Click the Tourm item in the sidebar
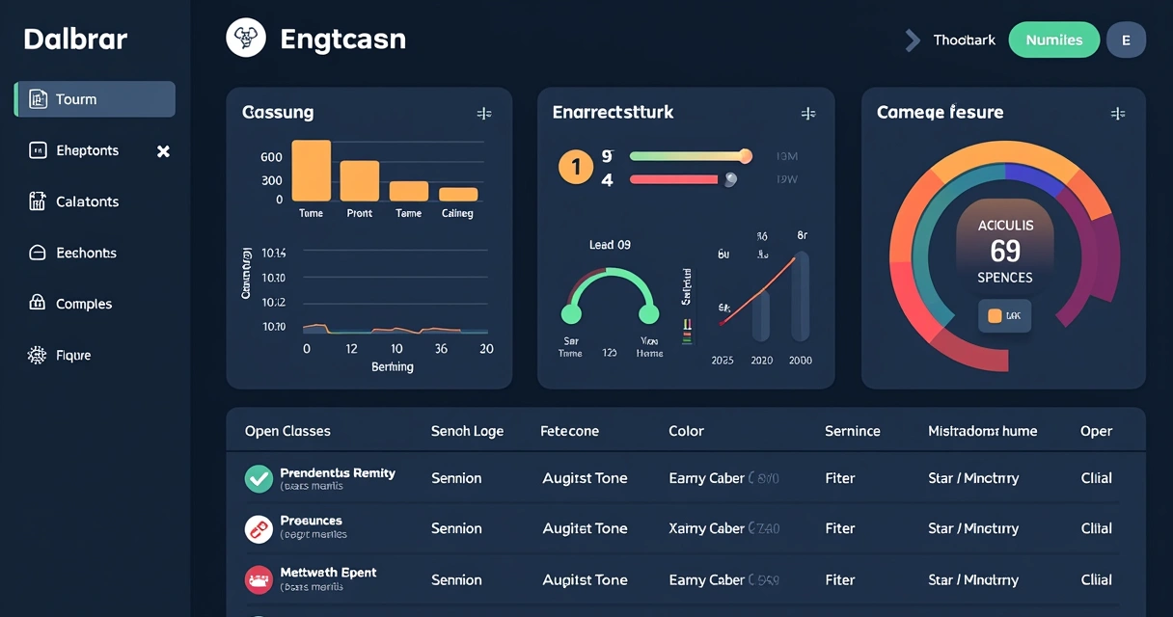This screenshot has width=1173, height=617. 95,99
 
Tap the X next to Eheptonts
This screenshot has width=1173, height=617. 163,151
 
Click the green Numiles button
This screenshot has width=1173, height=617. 1053,40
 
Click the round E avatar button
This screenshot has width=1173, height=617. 1126,40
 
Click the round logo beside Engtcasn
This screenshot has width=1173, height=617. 245,39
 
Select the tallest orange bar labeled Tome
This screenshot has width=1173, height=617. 311,170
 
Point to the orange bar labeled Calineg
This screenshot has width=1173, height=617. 458,194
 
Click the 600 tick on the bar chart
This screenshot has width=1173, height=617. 271,157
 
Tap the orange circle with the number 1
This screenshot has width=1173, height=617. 576,168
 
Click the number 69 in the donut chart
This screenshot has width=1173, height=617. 1004,252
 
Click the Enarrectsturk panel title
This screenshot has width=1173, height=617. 613,113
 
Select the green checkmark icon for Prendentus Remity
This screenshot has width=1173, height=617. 259,478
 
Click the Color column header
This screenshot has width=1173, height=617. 686,431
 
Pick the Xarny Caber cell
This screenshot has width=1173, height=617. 706,528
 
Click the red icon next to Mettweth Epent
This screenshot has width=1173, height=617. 259,579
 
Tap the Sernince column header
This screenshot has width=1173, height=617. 852,431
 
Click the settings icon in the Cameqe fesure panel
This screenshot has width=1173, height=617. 1118,114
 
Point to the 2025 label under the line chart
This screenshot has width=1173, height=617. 722,361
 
